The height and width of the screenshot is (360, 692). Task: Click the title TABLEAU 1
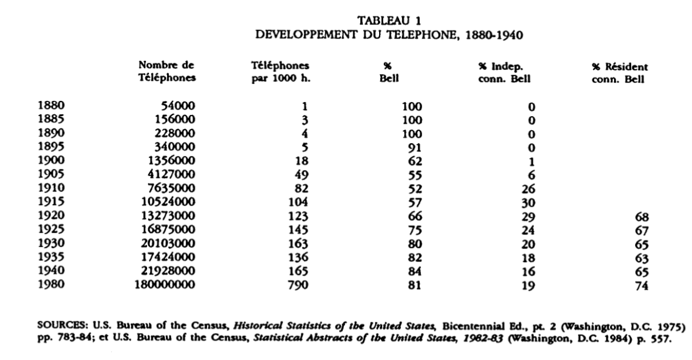point(390,22)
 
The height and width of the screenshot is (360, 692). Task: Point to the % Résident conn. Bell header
point(619,73)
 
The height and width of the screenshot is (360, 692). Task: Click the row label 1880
point(51,106)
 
